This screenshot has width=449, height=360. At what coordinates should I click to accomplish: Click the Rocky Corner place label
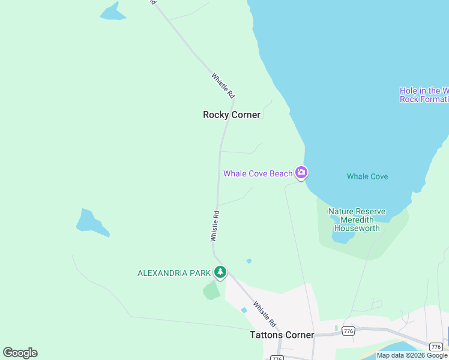(x=232, y=115)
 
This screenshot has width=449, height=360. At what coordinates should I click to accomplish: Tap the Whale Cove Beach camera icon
(x=301, y=173)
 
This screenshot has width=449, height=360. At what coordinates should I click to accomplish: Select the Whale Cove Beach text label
(x=258, y=174)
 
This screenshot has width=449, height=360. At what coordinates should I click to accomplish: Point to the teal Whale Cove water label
(x=367, y=176)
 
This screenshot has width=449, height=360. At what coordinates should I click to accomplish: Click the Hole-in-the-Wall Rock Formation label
(x=424, y=95)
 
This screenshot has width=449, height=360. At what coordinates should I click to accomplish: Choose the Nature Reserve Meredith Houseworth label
(x=357, y=220)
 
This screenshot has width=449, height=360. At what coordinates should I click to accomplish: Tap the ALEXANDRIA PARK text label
(x=174, y=273)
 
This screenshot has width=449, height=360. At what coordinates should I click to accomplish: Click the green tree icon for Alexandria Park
(x=220, y=272)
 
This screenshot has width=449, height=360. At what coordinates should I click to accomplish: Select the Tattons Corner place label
(x=282, y=335)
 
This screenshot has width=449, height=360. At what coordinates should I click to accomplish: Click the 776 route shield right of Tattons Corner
(x=348, y=331)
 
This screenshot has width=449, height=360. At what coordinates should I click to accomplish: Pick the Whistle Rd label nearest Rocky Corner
(x=223, y=86)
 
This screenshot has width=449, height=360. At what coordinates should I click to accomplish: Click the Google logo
(x=20, y=353)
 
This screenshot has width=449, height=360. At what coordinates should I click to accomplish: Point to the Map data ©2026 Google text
(x=412, y=355)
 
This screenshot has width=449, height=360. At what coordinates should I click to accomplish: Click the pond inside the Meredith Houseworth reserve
(x=343, y=236)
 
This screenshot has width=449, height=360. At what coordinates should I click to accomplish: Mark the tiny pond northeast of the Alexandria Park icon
(x=249, y=261)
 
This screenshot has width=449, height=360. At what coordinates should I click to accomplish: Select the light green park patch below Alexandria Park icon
(x=211, y=291)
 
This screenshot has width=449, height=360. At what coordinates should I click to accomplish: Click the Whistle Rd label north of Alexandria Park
(x=215, y=226)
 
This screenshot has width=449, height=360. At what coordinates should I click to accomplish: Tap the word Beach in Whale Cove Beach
(x=281, y=174)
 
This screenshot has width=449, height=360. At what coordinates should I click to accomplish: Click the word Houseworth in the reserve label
(x=357, y=228)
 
